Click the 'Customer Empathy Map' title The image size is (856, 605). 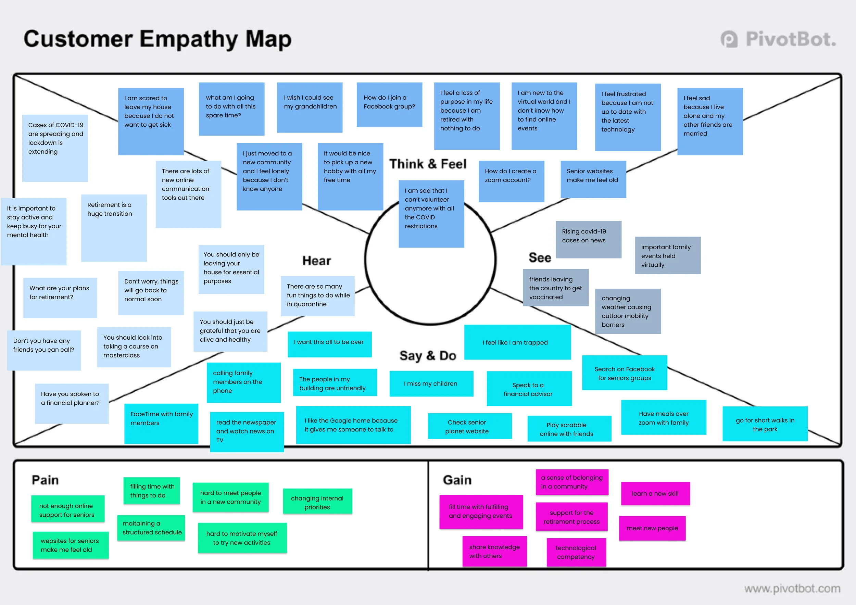(157, 39)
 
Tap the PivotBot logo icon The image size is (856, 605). (729, 39)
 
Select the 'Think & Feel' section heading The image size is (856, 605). (428, 164)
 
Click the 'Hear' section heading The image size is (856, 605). (316, 261)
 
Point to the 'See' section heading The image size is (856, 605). (540, 257)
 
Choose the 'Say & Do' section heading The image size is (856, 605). (428, 356)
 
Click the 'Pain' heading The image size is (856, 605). (45, 480)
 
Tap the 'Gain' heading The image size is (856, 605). (457, 480)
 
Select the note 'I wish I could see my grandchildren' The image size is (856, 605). (310, 108)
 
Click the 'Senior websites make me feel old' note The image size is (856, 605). (593, 179)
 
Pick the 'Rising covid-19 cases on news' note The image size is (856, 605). (588, 239)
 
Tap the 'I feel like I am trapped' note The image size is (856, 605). (517, 342)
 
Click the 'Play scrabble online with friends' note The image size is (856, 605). (569, 429)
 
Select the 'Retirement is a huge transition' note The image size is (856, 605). (114, 227)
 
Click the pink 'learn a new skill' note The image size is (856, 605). (655, 493)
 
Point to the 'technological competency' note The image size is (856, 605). (576, 552)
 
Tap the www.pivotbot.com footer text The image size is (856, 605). (792, 589)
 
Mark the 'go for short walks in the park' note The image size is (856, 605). (765, 424)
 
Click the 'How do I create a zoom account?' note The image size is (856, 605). (511, 181)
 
